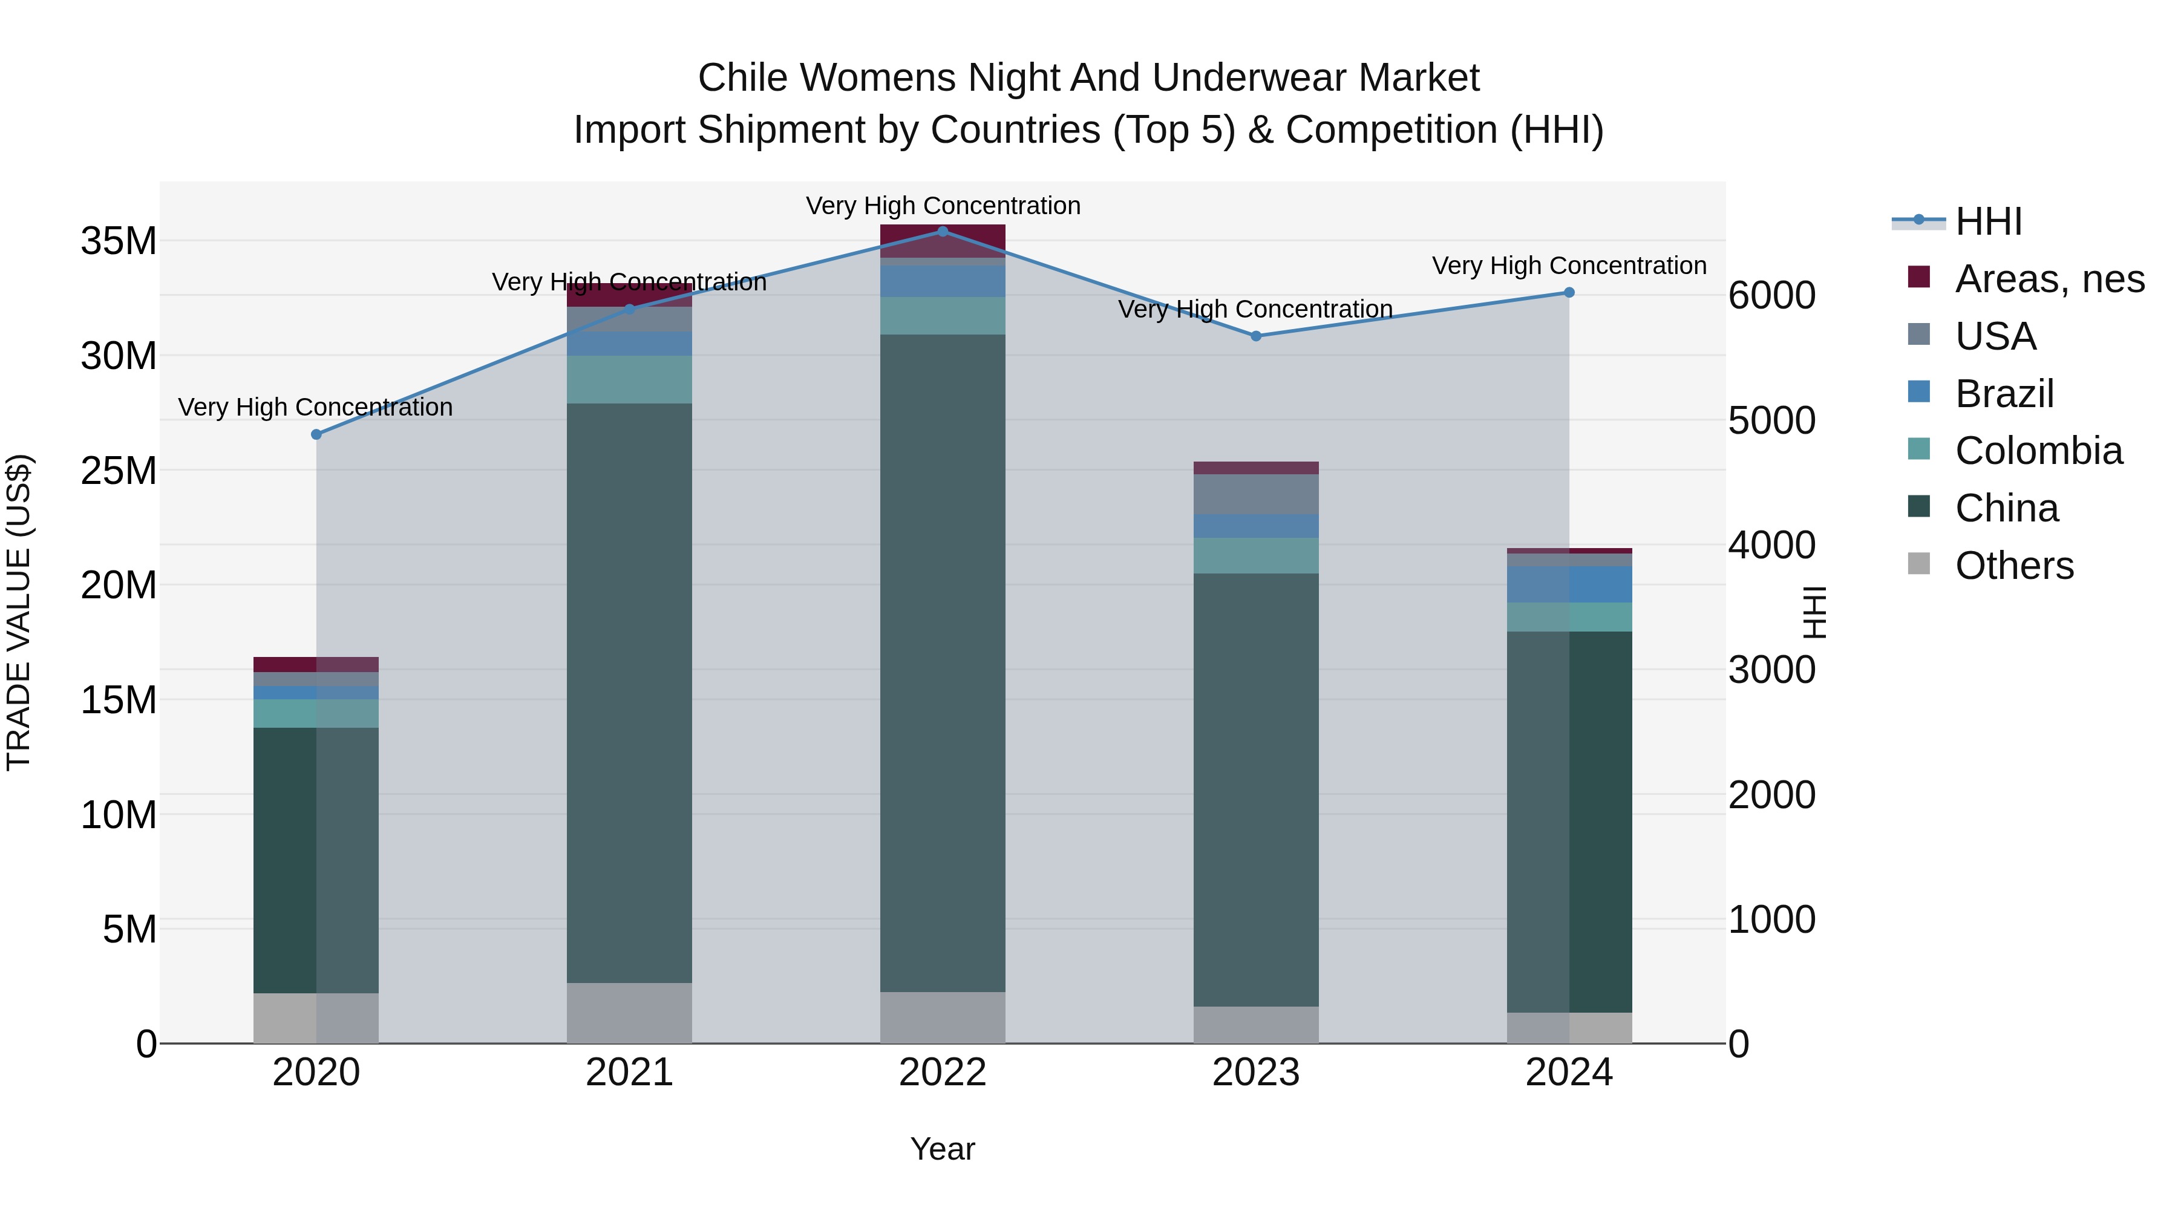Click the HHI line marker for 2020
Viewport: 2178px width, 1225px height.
pos(316,434)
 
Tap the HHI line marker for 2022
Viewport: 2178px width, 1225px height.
pos(943,231)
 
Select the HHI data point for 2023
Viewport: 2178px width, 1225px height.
pos(1255,336)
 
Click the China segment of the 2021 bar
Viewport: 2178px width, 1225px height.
pos(629,693)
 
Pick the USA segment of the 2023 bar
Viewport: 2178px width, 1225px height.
pos(1255,495)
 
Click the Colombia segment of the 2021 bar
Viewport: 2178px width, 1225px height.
pos(629,379)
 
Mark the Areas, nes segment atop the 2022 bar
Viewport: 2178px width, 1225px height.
pos(943,241)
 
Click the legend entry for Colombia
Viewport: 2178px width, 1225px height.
pos(2038,451)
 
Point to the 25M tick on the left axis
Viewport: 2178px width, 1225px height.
pos(119,471)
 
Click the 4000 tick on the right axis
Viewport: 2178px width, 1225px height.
pos(1771,545)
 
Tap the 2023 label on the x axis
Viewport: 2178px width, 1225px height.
pos(1255,1073)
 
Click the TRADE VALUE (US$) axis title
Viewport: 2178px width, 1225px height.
pos(19,612)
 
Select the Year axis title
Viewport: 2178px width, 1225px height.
pos(942,1149)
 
